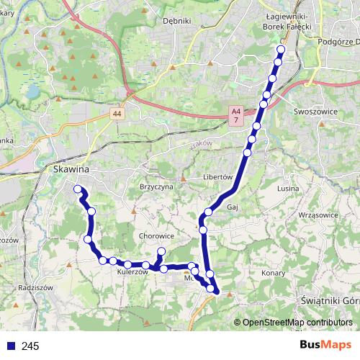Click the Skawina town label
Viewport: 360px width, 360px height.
[71, 168]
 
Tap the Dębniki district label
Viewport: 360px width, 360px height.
[176, 21]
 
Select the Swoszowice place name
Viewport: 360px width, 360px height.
[316, 112]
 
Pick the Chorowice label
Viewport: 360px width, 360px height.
[157, 235]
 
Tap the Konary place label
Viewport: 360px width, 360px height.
[274, 274]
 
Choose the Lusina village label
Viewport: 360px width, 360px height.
[287, 188]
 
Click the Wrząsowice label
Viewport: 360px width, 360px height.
[317, 215]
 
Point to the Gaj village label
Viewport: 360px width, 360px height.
[232, 206]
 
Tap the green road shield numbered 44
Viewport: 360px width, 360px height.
[118, 114]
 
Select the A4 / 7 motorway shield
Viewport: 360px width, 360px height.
[235, 116]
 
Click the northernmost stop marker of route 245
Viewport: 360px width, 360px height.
[281, 49]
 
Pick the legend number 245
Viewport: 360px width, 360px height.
[30, 346]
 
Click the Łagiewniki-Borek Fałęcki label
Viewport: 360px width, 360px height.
[287, 21]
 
